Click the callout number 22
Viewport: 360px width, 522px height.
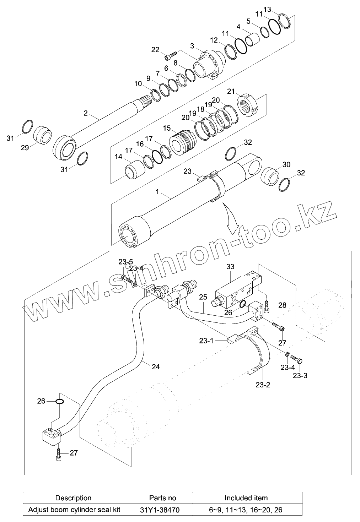click(155, 50)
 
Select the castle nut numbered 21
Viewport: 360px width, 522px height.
click(249, 105)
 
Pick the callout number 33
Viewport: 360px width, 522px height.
click(230, 266)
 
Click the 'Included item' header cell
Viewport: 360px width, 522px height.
click(246, 498)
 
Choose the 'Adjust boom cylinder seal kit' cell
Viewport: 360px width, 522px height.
click(74, 510)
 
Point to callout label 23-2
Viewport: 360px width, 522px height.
click(263, 385)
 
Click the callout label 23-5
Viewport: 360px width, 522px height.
click(126, 262)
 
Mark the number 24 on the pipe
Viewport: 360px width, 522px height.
click(156, 367)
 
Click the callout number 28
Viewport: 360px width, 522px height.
click(282, 305)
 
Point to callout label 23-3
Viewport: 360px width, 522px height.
click(300, 375)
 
